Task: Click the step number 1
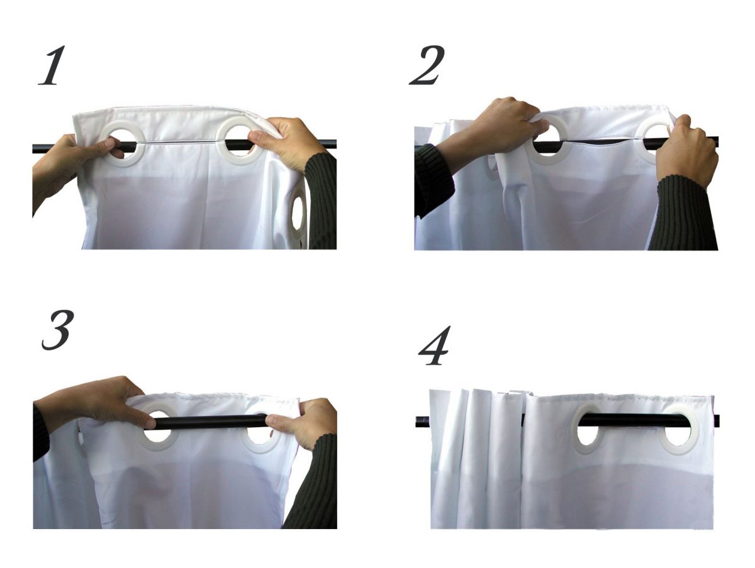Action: coord(52,65)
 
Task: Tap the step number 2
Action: coord(427,65)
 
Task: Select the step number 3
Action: coord(57,330)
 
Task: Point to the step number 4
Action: coord(434,345)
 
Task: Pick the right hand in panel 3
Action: coord(303,424)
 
